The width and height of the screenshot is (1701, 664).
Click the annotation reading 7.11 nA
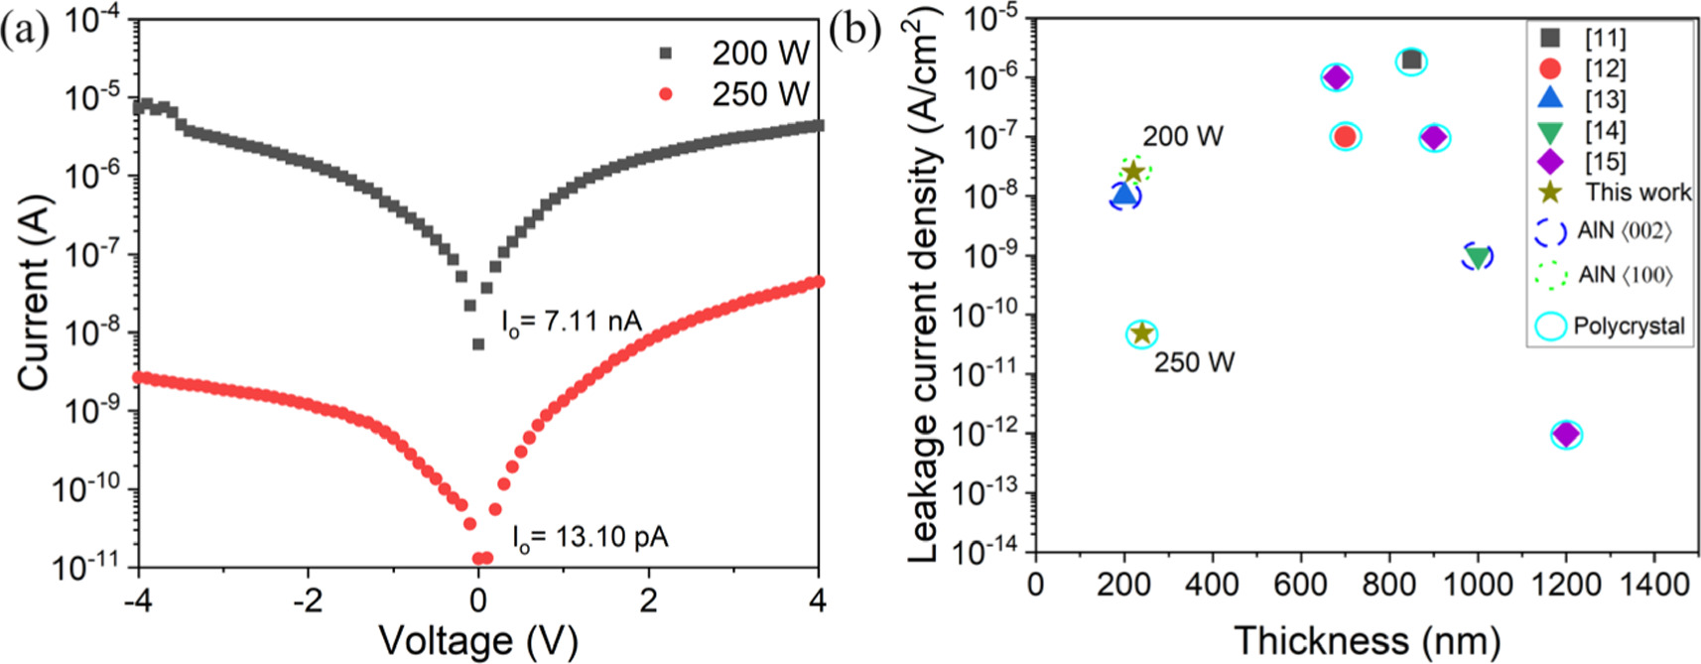pyautogui.click(x=571, y=323)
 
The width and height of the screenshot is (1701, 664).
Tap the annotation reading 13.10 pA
pyautogui.click(x=589, y=538)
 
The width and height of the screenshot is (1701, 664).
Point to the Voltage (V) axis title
pyautogui.click(x=478, y=640)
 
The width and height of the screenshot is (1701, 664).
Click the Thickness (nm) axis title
pyautogui.click(x=1366, y=640)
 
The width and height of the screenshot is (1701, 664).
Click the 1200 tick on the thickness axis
pyautogui.click(x=1566, y=584)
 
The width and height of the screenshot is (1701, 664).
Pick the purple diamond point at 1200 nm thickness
pyautogui.click(x=1566, y=434)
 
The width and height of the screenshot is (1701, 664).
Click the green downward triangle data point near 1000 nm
pyautogui.click(x=1478, y=257)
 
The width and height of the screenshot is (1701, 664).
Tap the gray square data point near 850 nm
pyautogui.click(x=1411, y=62)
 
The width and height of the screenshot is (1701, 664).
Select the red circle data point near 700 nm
pyautogui.click(x=1345, y=137)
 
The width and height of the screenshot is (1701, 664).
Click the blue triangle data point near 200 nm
pyautogui.click(x=1124, y=196)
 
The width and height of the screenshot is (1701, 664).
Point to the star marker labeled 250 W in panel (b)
pyautogui.click(x=1142, y=333)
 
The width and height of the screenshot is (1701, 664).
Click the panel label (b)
pyautogui.click(x=855, y=30)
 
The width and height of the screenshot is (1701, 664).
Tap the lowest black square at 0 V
pyautogui.click(x=478, y=344)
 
